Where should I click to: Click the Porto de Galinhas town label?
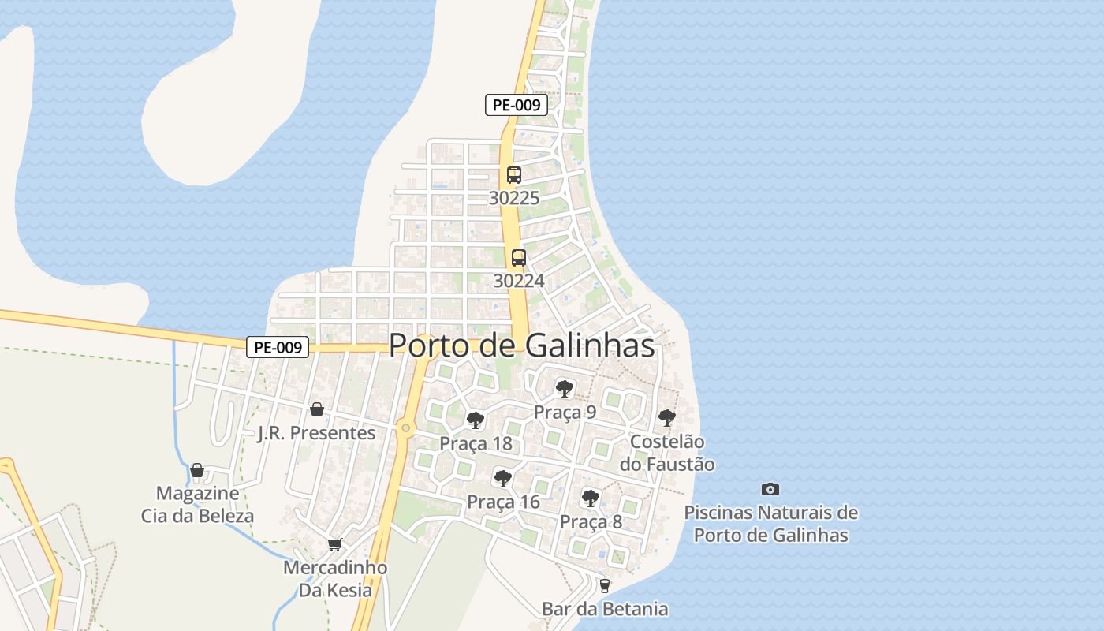(x=522, y=345)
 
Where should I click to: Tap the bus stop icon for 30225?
(x=514, y=175)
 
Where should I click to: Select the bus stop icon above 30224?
(x=518, y=257)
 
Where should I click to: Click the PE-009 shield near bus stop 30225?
(x=517, y=105)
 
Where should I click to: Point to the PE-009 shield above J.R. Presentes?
(x=278, y=347)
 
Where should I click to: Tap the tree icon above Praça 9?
(x=564, y=388)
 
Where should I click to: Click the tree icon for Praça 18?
(x=475, y=420)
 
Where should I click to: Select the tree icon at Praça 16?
(x=502, y=478)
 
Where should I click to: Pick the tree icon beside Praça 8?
(x=590, y=498)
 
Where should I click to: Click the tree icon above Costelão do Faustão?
(x=667, y=417)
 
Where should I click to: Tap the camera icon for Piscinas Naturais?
(x=770, y=489)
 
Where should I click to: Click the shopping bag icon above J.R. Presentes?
(x=317, y=409)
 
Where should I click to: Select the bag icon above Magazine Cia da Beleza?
(x=197, y=470)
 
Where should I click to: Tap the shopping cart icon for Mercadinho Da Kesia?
(x=335, y=544)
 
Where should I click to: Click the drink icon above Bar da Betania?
(x=605, y=585)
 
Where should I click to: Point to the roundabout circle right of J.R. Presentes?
(x=405, y=428)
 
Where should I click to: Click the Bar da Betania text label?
(x=605, y=609)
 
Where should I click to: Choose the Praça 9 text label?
(x=565, y=412)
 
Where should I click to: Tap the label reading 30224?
(x=518, y=280)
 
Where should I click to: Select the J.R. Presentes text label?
(x=317, y=433)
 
